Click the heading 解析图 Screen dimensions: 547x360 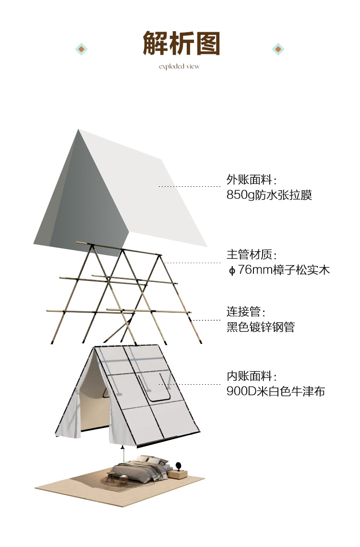pos(181,44)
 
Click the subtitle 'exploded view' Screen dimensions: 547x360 pos(179,66)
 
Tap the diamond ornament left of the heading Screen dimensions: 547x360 pos(82,49)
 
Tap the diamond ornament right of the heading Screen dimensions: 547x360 pos(278,49)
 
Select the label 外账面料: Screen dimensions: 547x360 pos(252,180)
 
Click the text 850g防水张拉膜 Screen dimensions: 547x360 pos(269,195)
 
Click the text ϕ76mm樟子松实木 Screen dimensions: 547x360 pos(278,270)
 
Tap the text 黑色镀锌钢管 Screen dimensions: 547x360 pos(260,327)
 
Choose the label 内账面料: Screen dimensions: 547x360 pos(252,376)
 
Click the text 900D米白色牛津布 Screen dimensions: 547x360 pos(276,391)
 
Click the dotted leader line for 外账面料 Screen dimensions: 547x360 pos(190,186)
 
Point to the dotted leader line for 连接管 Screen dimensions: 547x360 pos(206,320)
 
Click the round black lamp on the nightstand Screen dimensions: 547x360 pos(179,465)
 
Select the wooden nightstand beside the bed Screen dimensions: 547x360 pos(177,474)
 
